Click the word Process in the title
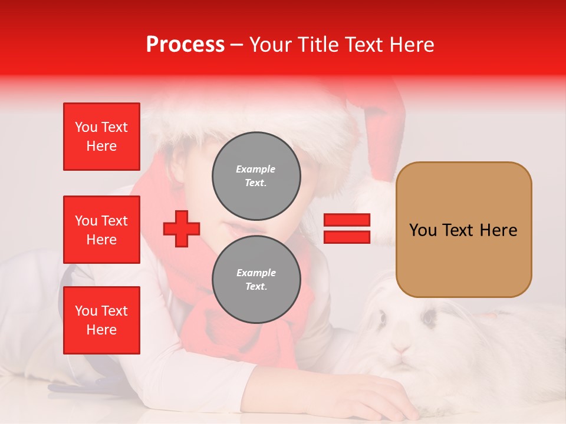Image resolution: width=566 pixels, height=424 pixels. pos(185,45)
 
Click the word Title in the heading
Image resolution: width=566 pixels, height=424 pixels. pos(318,45)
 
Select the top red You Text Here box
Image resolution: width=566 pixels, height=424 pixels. pos(101,137)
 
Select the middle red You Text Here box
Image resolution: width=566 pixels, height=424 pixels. pos(101,230)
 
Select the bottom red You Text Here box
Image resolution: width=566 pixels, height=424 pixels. pos(101,320)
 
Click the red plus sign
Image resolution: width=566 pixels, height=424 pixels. pos(182,228)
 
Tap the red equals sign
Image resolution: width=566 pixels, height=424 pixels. pos(347,228)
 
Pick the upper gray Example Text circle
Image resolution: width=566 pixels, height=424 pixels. pos(256,176)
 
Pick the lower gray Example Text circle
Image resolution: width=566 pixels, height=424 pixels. pos(256,280)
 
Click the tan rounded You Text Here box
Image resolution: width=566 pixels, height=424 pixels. pos(463,230)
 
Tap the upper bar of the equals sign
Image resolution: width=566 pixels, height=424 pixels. pos(347,220)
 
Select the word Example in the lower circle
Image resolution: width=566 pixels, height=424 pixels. pos(256,273)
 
